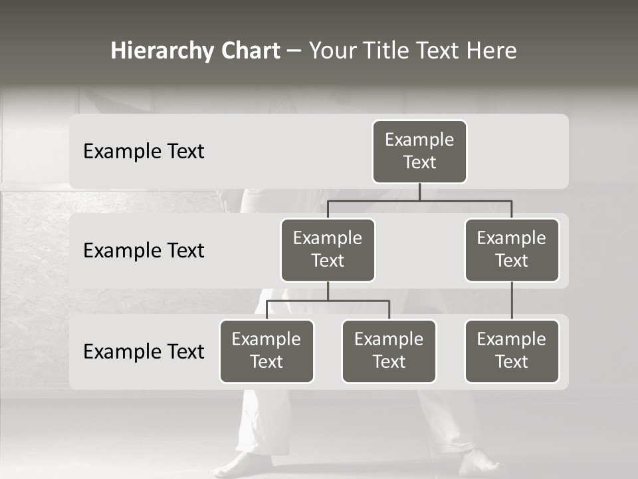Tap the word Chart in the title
(250, 51)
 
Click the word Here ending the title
(491, 51)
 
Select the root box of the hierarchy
(419, 152)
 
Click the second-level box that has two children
(328, 250)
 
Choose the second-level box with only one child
(512, 250)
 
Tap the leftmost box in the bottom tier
(266, 351)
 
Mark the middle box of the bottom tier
(389, 351)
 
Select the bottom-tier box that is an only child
(512, 351)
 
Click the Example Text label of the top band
(144, 152)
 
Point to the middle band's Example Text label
(144, 251)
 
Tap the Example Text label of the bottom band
(144, 351)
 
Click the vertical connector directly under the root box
(419, 192)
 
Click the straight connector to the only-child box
(512, 301)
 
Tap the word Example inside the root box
(419, 140)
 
